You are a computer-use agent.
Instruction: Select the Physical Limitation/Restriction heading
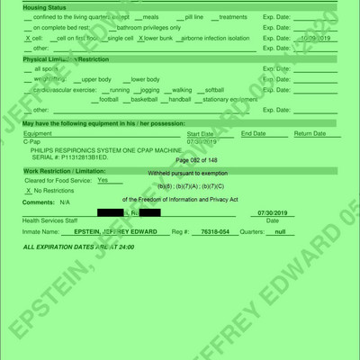pyautogui.click(x=60, y=58)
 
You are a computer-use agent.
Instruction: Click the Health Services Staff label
pyautogui.click(x=50, y=220)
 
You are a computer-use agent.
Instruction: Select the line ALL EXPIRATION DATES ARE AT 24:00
pyautogui.click(x=78, y=246)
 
